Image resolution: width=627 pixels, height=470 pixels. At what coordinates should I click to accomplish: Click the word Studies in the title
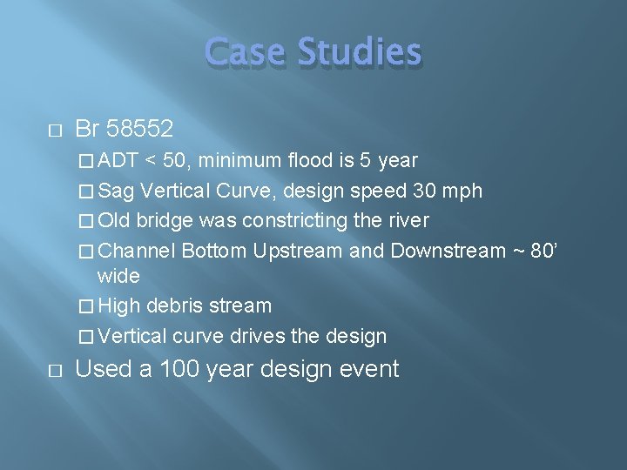tap(360, 53)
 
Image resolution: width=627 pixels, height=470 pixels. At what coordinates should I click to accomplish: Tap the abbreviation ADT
tap(119, 161)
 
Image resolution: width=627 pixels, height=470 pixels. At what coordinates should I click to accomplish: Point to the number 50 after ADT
tap(172, 161)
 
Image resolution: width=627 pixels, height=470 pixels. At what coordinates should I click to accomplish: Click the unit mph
tap(462, 191)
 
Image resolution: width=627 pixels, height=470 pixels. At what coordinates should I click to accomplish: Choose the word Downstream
tap(448, 251)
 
